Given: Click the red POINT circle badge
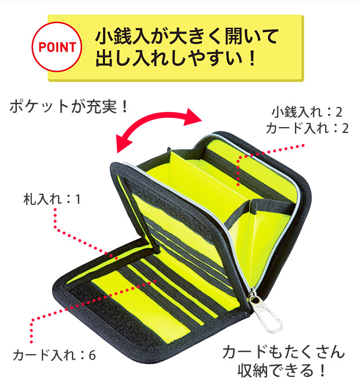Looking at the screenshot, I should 57,46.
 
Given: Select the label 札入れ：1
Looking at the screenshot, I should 51,199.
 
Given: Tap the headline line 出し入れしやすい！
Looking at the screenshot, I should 175,59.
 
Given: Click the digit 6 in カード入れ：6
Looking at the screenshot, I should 92,355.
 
